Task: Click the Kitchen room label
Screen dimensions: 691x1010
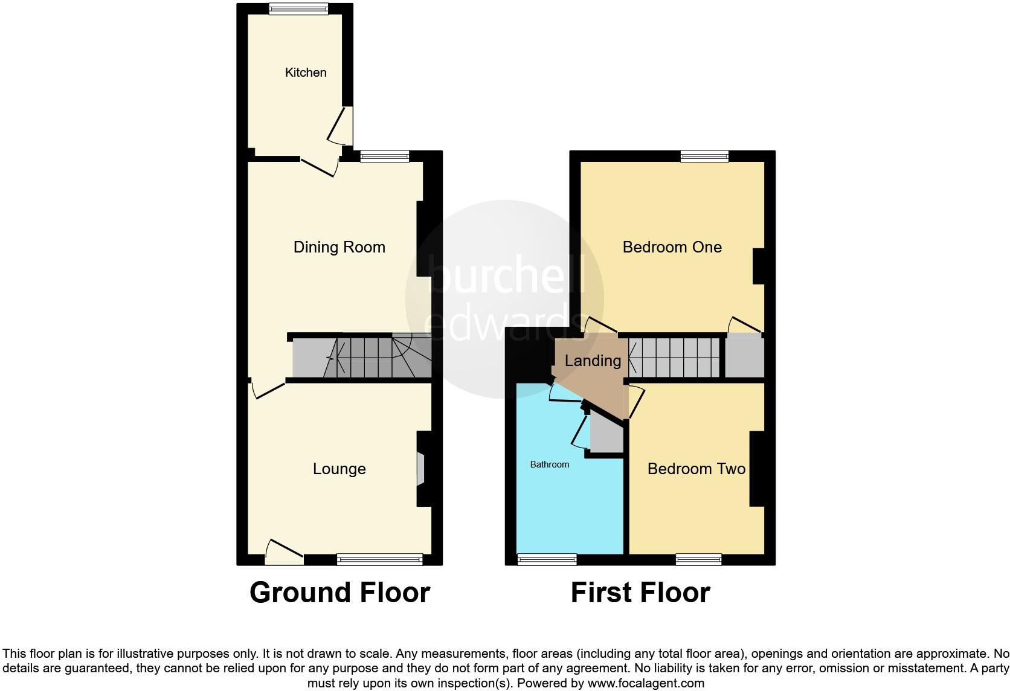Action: [306, 72]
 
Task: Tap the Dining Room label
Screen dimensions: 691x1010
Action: [339, 247]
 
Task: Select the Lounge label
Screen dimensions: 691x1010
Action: [339, 469]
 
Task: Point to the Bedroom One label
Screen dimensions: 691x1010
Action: [672, 247]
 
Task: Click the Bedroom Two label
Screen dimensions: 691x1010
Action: [696, 469]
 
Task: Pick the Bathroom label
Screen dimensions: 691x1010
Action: [549, 464]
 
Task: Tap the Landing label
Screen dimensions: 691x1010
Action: [593, 361]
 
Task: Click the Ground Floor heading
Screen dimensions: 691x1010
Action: [339, 593]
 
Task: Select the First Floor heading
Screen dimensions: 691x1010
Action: [640, 593]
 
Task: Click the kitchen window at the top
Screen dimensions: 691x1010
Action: [298, 8]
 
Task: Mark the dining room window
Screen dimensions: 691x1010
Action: [385, 156]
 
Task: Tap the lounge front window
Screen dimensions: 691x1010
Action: [380, 559]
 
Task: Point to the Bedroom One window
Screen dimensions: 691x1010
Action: [704, 156]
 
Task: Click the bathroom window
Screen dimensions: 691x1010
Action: [547, 559]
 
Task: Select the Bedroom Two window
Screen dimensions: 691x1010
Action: [698, 559]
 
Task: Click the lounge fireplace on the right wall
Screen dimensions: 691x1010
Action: [420, 469]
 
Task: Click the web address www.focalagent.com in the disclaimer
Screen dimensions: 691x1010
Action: [645, 684]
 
